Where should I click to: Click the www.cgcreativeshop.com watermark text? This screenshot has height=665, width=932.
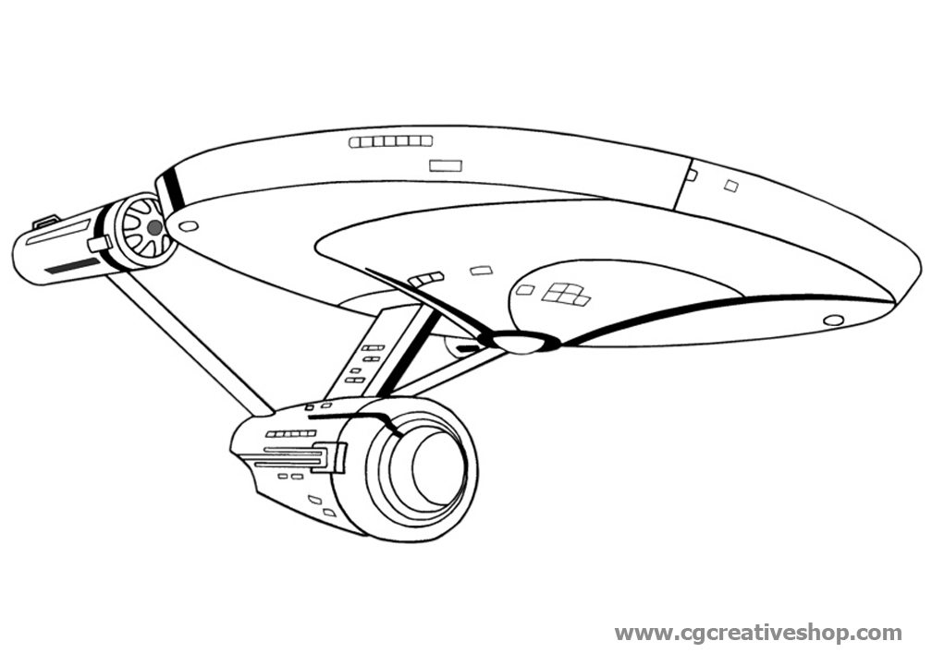pos(758,634)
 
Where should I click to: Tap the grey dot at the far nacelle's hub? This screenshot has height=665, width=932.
pos(154,226)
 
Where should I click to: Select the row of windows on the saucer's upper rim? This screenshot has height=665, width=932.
pos(390,141)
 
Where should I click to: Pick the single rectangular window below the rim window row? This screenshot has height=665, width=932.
pos(446,165)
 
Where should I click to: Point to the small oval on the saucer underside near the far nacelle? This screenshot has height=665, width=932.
pos(189,225)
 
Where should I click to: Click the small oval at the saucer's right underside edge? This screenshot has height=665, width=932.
pos(833,320)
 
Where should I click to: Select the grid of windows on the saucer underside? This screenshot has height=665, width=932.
pos(566,294)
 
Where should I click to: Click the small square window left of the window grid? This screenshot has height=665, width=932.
pos(525,290)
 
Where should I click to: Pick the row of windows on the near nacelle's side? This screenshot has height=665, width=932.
pos(290,433)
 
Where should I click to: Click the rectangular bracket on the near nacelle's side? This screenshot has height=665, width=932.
pos(330,457)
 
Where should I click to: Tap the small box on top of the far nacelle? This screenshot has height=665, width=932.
pos(45,221)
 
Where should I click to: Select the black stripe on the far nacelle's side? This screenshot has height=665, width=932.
pos(72,266)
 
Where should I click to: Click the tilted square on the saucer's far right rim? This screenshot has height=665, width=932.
pos(730,186)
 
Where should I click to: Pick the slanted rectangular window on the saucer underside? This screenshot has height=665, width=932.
pos(481,271)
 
